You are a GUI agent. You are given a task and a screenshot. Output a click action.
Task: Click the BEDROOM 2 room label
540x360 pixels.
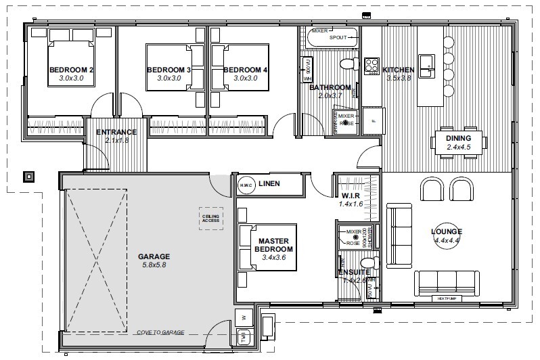coord(71,70)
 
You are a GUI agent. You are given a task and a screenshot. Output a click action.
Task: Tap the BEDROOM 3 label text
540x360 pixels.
coord(168,70)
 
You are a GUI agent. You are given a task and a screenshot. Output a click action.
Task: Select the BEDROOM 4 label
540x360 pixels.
coord(245,70)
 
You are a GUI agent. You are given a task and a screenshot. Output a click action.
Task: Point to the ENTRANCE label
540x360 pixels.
coord(116,132)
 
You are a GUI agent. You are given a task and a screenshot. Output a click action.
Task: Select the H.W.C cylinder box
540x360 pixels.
coord(245,185)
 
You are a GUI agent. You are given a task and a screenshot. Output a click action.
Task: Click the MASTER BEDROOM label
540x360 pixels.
coord(274,244)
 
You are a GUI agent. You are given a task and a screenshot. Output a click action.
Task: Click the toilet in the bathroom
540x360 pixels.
coord(348,65)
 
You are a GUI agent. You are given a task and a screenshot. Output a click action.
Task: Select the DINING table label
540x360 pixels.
coord(458,138)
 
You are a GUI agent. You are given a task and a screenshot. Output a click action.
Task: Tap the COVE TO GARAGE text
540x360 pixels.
coord(160,332)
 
